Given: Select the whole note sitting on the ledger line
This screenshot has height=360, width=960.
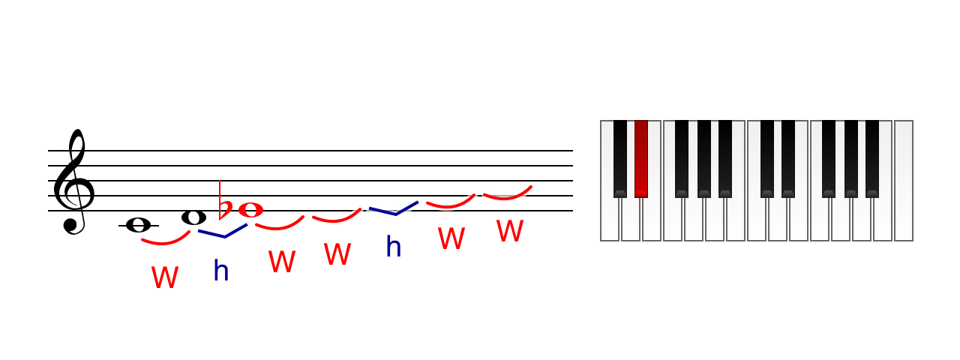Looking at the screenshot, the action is [139, 225].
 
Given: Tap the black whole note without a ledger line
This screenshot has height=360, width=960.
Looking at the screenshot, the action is [193, 217].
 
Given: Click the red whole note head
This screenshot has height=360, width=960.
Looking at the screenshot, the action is [250, 210].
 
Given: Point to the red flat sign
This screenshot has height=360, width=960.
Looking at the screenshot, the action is [224, 202].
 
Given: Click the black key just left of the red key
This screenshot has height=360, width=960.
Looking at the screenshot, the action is [620, 158].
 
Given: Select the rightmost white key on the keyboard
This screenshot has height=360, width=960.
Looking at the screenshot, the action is [904, 181].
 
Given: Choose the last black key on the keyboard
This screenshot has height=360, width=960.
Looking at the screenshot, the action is [872, 158].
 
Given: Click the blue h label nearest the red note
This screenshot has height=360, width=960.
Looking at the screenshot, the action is [221, 271].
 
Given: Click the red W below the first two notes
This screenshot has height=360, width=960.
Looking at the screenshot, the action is [165, 277].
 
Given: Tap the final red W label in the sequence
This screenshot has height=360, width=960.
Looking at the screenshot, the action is [510, 231].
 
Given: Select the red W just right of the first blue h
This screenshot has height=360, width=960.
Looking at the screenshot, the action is [282, 262].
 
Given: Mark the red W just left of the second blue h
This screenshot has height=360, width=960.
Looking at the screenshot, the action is [337, 253].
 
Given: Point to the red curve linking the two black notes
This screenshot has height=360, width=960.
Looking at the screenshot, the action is [165, 244].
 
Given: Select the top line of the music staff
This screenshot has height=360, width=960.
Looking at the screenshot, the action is [310, 151].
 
